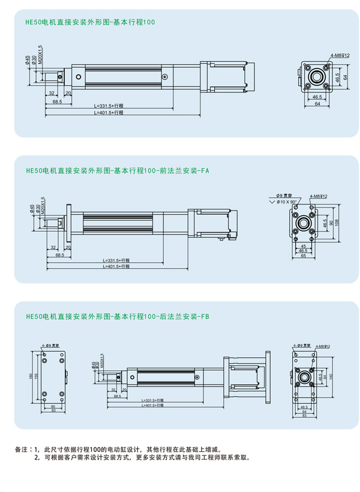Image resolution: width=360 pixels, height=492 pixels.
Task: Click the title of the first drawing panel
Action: [x=90, y=22]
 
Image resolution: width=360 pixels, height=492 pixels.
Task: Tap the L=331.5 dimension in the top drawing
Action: [x=108, y=106]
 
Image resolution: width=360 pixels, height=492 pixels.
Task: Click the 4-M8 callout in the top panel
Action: [x=340, y=55]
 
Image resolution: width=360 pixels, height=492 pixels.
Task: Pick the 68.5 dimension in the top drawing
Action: [x=57, y=102]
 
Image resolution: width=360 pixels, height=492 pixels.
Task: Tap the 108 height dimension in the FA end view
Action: [x=337, y=223]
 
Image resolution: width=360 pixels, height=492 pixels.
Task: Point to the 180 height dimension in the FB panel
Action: [x=30, y=376]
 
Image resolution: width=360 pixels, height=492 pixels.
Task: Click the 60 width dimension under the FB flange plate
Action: [x=53, y=406]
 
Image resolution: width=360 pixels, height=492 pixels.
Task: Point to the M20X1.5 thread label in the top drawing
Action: [x=41, y=55]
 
